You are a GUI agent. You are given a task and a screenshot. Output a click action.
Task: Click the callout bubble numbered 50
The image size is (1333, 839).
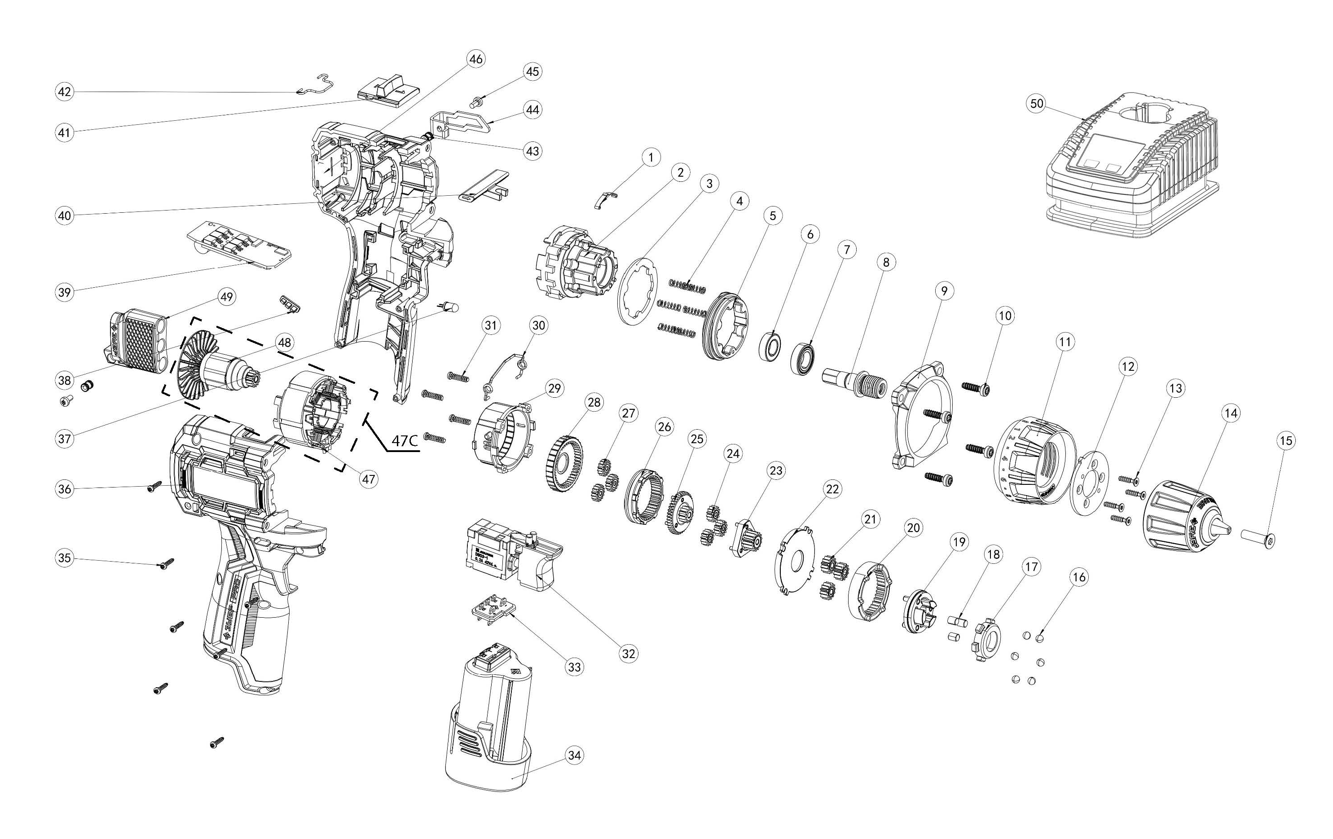click(x=1036, y=104)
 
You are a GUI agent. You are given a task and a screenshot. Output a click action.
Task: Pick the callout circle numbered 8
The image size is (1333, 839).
click(x=886, y=262)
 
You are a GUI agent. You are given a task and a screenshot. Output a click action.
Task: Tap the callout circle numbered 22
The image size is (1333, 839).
click(x=832, y=489)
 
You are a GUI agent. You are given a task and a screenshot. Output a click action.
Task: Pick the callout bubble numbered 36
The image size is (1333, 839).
click(x=65, y=489)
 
